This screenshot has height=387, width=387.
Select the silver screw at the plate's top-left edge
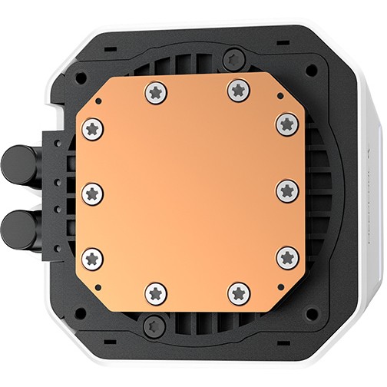click(155, 92)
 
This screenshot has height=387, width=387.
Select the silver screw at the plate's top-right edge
click(238, 91)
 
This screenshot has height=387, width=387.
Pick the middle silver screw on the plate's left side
click(92, 192)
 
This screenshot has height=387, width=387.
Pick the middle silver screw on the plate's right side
click(287, 189)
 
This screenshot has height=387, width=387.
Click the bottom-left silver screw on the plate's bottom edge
click(156, 293)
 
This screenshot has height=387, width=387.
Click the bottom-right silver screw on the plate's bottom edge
click(239, 292)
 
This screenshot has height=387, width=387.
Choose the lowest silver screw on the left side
click(93, 258)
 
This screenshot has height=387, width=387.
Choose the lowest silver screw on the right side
click(287, 257)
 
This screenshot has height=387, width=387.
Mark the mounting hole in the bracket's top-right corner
click(310, 70)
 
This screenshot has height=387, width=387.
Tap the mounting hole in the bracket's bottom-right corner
click(310, 315)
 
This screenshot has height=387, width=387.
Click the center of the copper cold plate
click(190, 192)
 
